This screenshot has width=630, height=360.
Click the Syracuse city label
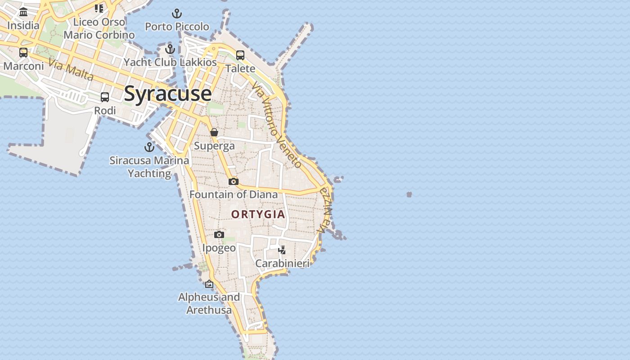tap(167, 94)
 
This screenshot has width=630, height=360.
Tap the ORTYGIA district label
tap(258, 214)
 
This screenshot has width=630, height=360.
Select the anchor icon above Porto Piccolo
tap(177, 13)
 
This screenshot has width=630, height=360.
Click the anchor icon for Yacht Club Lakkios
tap(170, 49)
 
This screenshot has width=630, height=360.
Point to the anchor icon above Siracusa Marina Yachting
tap(149, 147)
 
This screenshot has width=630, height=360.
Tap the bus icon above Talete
tap(240, 55)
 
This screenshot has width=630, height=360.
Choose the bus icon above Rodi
tap(105, 97)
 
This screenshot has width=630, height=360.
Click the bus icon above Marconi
tap(23, 53)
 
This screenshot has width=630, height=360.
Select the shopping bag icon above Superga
tap(214, 132)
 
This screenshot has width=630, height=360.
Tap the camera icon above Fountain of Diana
tap(233, 181)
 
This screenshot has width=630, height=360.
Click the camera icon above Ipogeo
tap(219, 234)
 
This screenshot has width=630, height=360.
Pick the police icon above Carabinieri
tap(282, 250)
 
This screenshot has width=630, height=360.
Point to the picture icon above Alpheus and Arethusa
tap(209, 284)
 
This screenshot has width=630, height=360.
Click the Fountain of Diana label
tap(234, 194)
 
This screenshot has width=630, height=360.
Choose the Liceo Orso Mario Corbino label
tap(99, 28)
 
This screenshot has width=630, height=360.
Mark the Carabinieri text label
tap(282, 263)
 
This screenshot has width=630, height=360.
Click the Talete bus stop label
tap(240, 68)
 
